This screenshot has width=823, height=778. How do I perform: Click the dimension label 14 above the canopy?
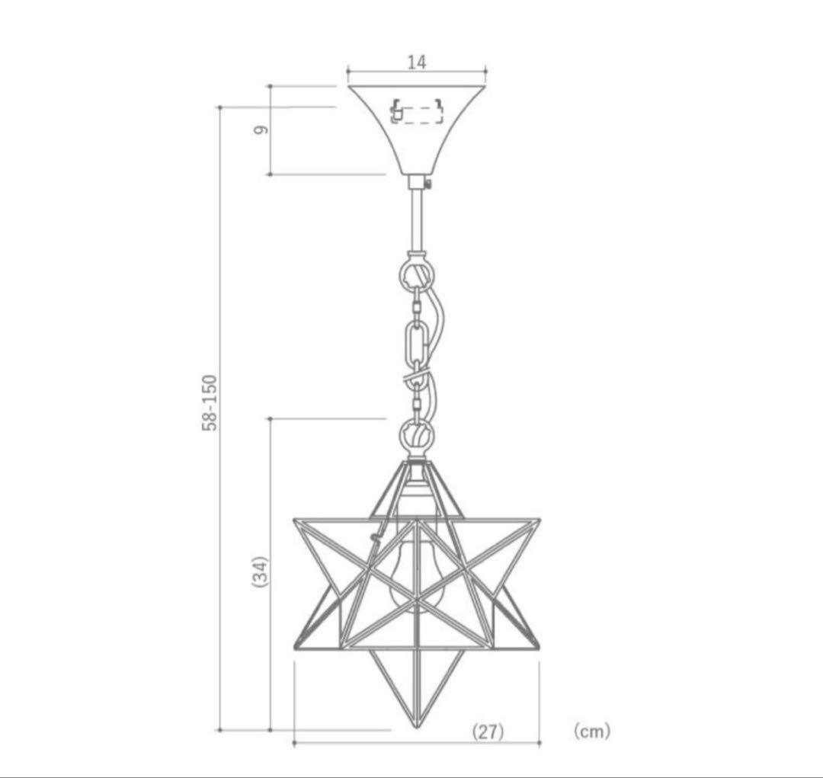click(416, 62)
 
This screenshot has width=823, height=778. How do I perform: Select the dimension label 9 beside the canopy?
click(261, 130)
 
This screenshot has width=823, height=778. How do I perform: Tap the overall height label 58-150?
click(210, 402)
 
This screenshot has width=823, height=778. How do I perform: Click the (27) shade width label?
click(488, 732)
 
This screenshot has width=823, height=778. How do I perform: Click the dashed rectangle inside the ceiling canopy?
click(417, 114)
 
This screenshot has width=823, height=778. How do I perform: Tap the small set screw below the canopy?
click(430, 183)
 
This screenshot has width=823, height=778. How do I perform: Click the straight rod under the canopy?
click(417, 221)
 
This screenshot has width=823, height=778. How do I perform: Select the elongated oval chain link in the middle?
click(417, 343)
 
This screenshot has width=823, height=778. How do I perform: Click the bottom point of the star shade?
click(417, 720)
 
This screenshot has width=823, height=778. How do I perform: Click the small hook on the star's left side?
click(373, 538)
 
